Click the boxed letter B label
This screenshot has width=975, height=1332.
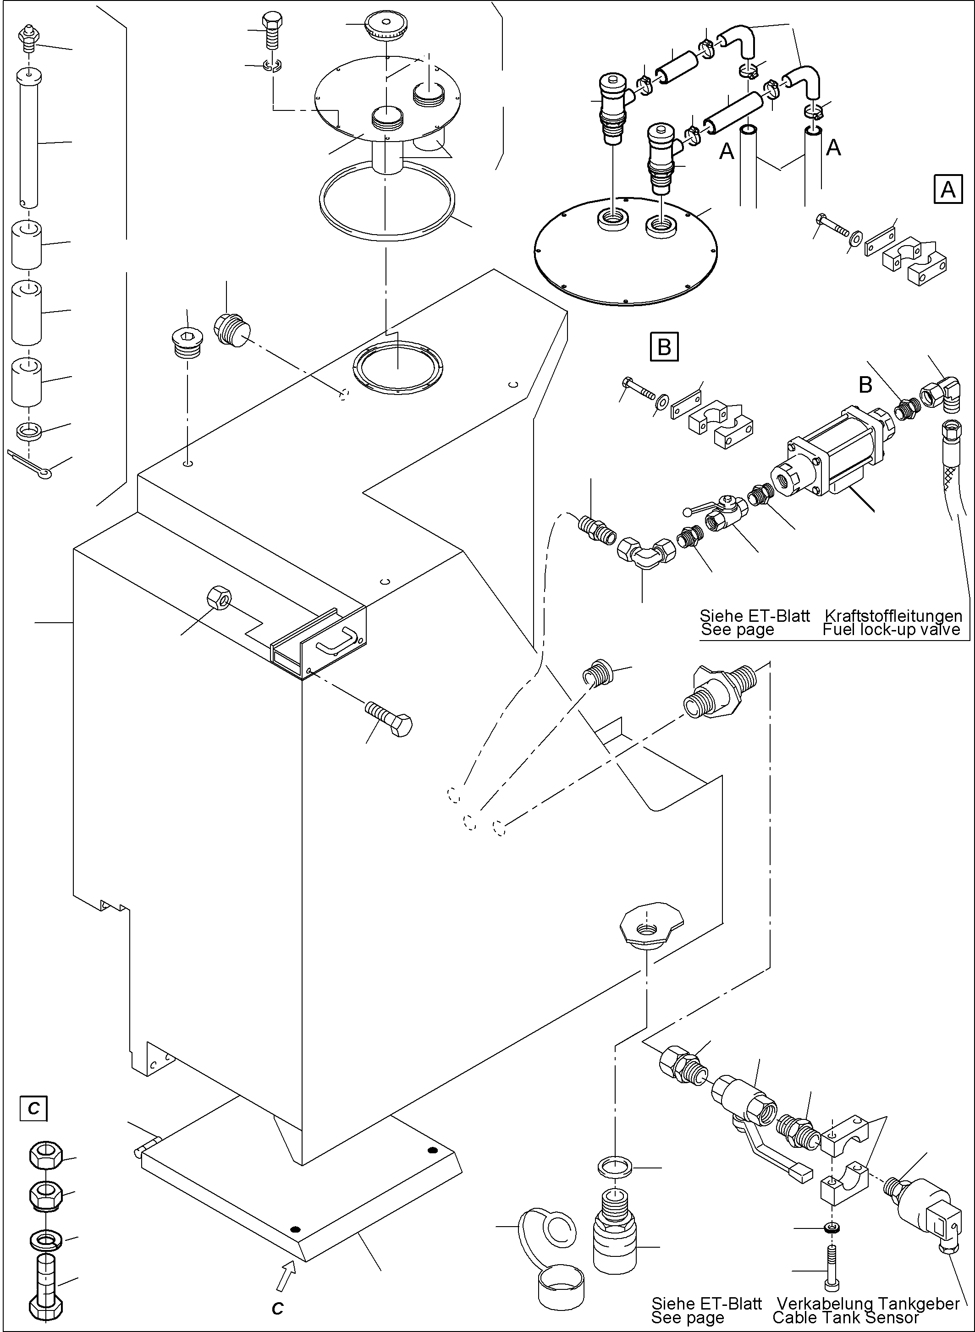click(x=664, y=347)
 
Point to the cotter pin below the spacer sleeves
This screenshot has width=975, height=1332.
click(x=33, y=465)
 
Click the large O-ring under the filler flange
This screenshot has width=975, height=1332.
click(x=386, y=201)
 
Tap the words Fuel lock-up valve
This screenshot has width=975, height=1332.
click(x=891, y=630)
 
